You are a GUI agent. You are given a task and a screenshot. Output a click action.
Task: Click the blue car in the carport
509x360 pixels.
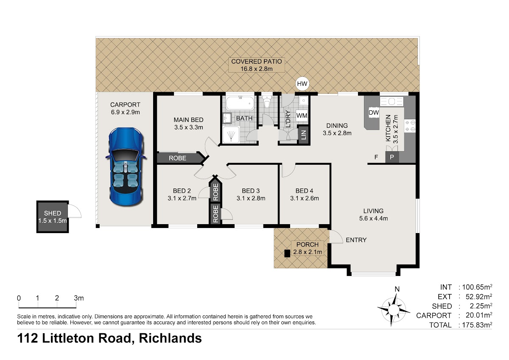[x=126, y=167]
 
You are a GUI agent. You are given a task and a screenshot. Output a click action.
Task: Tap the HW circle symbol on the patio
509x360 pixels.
[x=302, y=84]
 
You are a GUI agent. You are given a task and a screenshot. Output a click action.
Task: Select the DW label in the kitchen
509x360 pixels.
[x=374, y=112]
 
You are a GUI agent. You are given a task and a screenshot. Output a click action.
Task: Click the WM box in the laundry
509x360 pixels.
[x=302, y=115]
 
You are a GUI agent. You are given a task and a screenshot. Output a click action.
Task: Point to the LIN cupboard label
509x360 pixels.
[x=304, y=135]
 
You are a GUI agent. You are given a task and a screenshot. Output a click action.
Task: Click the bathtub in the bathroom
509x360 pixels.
[x=240, y=104]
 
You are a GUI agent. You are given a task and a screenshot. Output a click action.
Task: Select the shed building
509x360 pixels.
[x=53, y=217]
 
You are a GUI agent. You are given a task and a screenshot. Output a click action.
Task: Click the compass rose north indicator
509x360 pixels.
[x=397, y=289]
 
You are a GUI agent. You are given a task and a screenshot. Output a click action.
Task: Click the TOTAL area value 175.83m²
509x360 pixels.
[x=477, y=325]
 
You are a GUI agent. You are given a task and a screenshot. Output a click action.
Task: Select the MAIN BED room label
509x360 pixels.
[x=188, y=120]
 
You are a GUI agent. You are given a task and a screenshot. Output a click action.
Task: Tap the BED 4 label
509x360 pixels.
[x=304, y=191]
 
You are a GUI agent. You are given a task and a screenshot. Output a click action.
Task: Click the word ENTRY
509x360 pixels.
[x=356, y=240]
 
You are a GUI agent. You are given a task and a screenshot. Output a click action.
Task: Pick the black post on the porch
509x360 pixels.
[x=287, y=253]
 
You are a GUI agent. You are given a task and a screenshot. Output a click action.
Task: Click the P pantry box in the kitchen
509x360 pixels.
[x=392, y=157]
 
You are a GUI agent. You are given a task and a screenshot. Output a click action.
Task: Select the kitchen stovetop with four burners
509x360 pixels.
[x=410, y=126]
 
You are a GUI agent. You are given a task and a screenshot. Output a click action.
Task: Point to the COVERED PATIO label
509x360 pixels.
[x=257, y=62]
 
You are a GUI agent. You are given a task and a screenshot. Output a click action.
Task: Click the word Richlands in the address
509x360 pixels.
[x=170, y=338]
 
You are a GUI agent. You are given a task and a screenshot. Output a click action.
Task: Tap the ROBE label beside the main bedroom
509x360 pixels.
[x=177, y=158]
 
